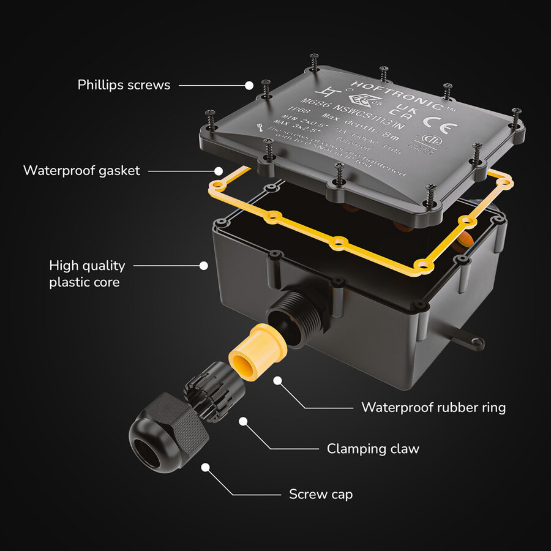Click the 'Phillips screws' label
click(124, 84)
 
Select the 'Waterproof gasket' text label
click(81, 170)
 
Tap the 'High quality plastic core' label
click(87, 274)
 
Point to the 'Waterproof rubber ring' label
click(433, 407)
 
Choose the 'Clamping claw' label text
click(373, 449)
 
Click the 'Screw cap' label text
click(321, 494)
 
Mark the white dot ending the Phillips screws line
click(249, 85)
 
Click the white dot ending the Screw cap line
click(206, 467)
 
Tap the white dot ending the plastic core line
click(204, 266)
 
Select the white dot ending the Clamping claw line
click(244, 422)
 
